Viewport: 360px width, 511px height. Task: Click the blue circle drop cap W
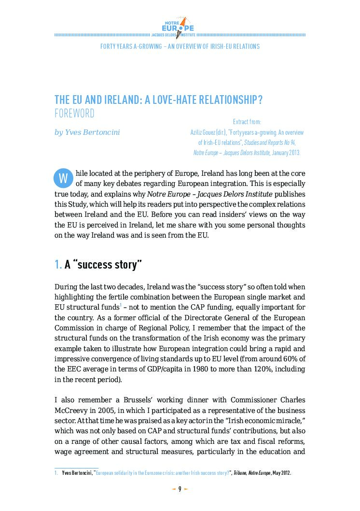point(62,178)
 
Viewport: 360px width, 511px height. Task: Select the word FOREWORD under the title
point(74,114)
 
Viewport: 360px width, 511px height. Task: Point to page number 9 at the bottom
point(180,489)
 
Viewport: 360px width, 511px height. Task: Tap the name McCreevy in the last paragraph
point(71,410)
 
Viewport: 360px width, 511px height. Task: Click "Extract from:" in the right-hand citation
point(247,122)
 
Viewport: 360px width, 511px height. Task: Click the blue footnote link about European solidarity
point(163,473)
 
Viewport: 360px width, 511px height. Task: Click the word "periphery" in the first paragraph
point(155,173)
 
